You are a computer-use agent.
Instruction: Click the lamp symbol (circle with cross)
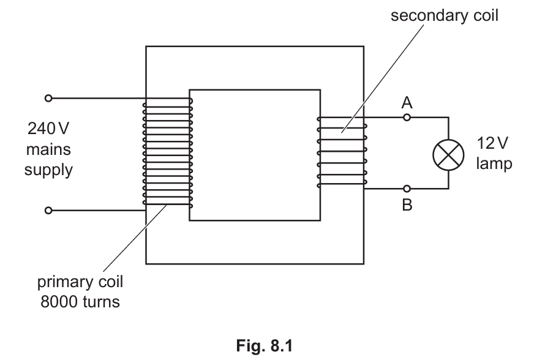(448, 155)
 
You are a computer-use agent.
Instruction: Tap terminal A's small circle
(407, 118)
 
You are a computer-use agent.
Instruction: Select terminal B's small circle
(407, 189)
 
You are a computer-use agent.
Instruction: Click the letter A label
(407, 102)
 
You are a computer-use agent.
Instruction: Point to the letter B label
(407, 205)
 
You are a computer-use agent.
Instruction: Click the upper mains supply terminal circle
(48, 99)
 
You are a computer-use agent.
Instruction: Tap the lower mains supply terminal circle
(48, 210)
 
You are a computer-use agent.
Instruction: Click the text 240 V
(48, 129)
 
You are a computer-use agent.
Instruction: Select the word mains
(48, 149)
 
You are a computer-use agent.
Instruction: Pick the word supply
(48, 170)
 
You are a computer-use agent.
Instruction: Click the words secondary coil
(445, 15)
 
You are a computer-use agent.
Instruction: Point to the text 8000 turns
(80, 302)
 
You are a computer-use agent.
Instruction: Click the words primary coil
(80, 282)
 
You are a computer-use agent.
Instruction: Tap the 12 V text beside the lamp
(492, 143)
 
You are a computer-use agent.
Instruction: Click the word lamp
(494, 163)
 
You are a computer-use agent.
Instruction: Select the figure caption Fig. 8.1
(265, 346)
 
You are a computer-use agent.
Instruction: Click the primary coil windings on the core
(168, 153)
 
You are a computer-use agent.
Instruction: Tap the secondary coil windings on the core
(342, 152)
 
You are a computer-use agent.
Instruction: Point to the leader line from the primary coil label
(135, 238)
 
